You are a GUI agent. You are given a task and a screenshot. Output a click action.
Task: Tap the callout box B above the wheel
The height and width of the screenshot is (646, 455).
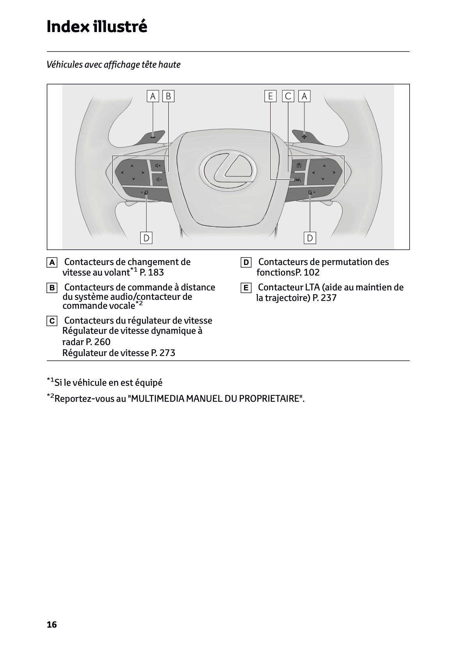[x=168, y=96]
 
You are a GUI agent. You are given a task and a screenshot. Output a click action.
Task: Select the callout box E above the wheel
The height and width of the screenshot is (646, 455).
[x=270, y=96]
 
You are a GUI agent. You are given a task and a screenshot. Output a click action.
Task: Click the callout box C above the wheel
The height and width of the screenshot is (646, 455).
[x=288, y=96]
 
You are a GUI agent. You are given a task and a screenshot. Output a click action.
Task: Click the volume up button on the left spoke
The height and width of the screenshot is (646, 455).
[x=158, y=166]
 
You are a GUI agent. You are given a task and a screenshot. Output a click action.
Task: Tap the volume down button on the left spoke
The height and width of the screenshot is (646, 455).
[x=158, y=179]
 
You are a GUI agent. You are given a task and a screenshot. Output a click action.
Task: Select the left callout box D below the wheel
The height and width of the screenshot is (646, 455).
[x=146, y=238]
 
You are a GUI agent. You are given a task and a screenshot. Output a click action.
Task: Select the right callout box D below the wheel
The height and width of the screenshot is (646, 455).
[x=310, y=238]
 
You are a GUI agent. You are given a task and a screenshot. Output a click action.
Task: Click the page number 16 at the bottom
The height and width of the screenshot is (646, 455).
[x=52, y=625]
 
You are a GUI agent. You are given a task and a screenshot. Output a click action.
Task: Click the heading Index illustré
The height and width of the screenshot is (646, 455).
[x=97, y=27]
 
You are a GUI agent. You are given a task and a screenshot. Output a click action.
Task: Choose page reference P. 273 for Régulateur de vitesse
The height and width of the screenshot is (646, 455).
[x=163, y=353]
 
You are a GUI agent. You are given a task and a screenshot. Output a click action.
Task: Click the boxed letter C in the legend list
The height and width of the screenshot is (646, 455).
[x=52, y=321]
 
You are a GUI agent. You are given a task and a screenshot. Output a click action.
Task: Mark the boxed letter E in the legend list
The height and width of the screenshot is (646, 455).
[x=246, y=288]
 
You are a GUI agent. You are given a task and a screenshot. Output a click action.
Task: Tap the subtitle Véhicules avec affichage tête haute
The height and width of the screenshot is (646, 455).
[x=113, y=64]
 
